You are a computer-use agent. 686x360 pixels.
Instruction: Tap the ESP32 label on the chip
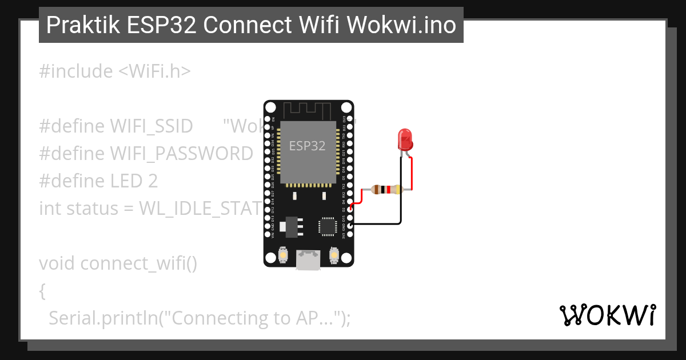307,146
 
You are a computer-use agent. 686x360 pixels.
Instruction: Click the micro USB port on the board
308,260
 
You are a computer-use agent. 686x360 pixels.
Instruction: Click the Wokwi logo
608,314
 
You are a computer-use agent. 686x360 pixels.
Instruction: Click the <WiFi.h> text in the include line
154,71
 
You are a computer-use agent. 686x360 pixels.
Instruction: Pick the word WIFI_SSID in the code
151,126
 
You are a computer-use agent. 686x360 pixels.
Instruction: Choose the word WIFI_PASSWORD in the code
181,154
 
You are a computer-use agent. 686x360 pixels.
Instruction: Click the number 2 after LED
153,181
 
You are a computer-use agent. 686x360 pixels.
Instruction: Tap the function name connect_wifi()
139,263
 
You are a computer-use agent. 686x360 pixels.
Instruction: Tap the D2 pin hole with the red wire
349,210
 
